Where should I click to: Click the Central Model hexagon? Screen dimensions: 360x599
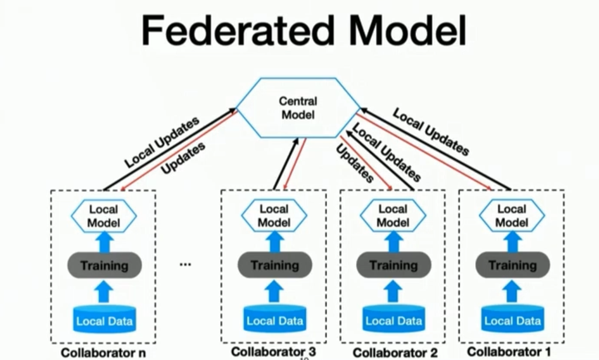(x=298, y=108)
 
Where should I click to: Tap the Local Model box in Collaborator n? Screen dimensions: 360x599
(x=104, y=215)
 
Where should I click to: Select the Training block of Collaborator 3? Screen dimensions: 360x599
(x=274, y=266)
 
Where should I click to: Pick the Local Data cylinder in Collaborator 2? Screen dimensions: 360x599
(x=394, y=318)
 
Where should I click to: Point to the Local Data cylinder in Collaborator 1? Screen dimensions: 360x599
(x=511, y=318)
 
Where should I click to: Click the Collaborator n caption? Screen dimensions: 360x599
(x=103, y=352)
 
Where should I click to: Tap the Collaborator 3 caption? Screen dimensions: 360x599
(x=274, y=352)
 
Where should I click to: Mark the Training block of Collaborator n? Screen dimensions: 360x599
(x=104, y=266)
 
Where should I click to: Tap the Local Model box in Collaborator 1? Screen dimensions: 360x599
(x=511, y=215)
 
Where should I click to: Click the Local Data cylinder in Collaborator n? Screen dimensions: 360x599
(x=104, y=318)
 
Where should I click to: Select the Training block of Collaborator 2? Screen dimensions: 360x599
(x=394, y=266)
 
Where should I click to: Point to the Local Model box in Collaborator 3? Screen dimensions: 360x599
(x=274, y=215)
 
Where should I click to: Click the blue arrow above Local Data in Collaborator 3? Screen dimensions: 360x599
(x=274, y=293)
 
